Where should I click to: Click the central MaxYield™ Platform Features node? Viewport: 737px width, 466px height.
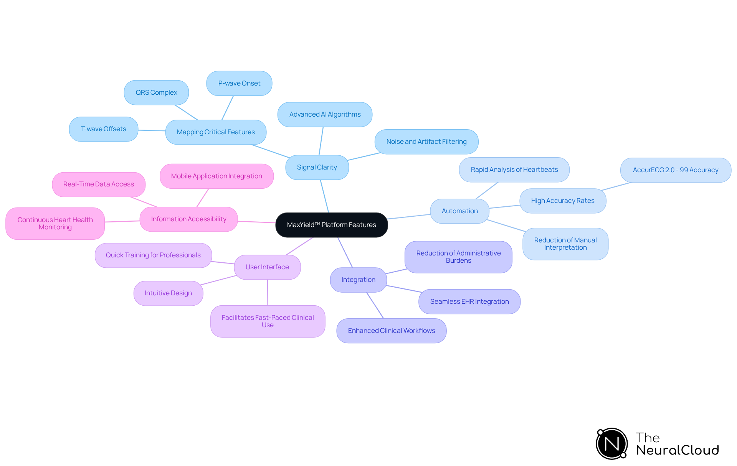click(332, 225)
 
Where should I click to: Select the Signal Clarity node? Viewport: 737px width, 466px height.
click(317, 167)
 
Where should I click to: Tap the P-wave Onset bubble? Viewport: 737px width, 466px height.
click(239, 83)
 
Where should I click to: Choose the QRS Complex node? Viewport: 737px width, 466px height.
click(156, 92)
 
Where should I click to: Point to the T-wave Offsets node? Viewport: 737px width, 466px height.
click(104, 129)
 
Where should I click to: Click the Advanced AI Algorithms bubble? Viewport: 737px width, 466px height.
click(325, 114)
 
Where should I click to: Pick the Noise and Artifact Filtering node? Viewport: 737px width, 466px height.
click(426, 142)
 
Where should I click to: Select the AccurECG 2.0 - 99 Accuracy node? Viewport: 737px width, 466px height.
click(676, 170)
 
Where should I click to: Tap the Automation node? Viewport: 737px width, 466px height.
click(459, 211)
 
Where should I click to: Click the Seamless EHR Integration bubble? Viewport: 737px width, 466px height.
click(469, 301)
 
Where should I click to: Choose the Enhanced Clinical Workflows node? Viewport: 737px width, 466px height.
click(392, 331)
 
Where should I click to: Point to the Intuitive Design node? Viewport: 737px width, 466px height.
click(168, 293)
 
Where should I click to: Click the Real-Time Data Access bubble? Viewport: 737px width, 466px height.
click(99, 184)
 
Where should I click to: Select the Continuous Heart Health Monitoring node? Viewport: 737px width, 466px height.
click(55, 224)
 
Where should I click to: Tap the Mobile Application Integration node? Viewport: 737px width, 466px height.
click(216, 176)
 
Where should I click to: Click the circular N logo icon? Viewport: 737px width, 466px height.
click(612, 444)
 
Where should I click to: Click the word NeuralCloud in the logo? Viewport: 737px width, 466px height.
click(678, 450)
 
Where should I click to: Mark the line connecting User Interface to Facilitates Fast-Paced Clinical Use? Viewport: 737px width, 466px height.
click(268, 293)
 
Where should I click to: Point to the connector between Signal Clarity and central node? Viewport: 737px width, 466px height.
click(325, 196)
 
